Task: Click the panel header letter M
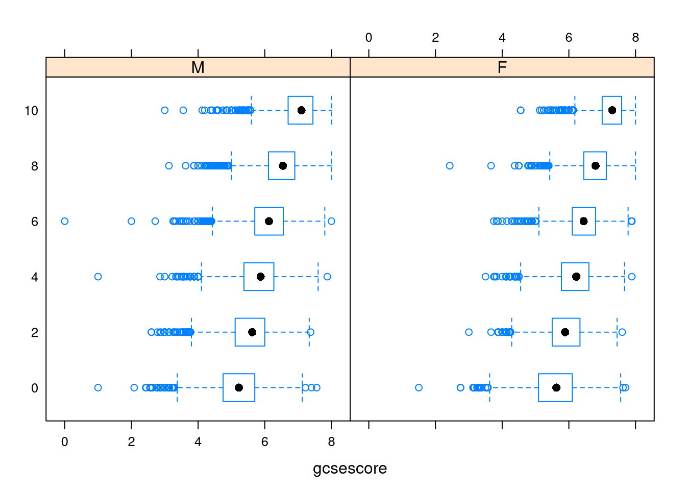198,67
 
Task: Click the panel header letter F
502,67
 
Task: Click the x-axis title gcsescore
350,468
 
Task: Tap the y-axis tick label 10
31,111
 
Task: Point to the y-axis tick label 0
35,388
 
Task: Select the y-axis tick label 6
35,222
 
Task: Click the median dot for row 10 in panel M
301,110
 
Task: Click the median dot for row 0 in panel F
556,387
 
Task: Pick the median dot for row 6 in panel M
269,221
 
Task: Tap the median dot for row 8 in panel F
595,166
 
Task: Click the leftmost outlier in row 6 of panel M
65,221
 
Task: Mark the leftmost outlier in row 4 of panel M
98,277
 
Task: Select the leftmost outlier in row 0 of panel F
419,387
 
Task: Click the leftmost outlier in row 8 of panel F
450,166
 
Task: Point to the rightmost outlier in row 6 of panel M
331,221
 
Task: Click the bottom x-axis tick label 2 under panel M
131,442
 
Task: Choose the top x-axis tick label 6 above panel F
569,37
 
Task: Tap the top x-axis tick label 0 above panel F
369,37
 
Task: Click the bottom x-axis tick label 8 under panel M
331,442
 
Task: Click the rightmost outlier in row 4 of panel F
631,277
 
